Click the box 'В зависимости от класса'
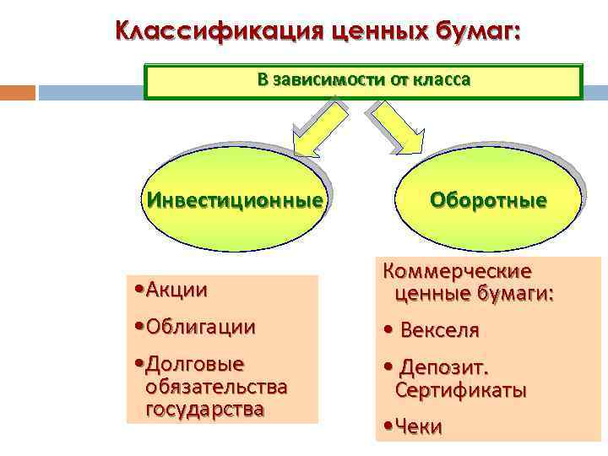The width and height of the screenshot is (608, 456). [x=363, y=81]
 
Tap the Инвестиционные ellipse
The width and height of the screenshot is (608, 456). [x=234, y=201]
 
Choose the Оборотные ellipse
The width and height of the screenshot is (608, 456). [x=487, y=201]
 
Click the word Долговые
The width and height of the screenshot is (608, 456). [x=195, y=365]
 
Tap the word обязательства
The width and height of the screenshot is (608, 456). [x=216, y=388]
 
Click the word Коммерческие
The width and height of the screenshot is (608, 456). [x=458, y=272]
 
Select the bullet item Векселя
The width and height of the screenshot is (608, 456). [x=439, y=330]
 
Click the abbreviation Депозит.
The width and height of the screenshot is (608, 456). [x=444, y=368]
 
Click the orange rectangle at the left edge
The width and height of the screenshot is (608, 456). [x=17, y=92]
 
